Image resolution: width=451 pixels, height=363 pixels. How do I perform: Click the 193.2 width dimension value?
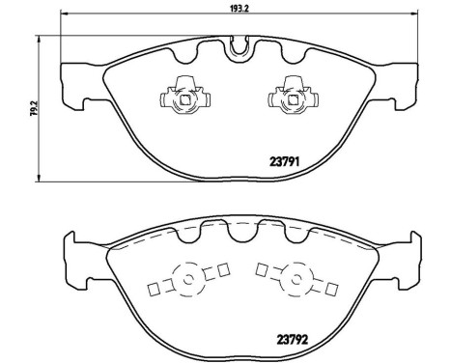click(240, 6)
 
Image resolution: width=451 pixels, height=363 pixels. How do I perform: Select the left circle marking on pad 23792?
click(188, 280)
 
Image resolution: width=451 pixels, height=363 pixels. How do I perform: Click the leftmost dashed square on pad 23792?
click(152, 287)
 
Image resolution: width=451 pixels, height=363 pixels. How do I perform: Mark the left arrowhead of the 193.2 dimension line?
click(64, 14)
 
